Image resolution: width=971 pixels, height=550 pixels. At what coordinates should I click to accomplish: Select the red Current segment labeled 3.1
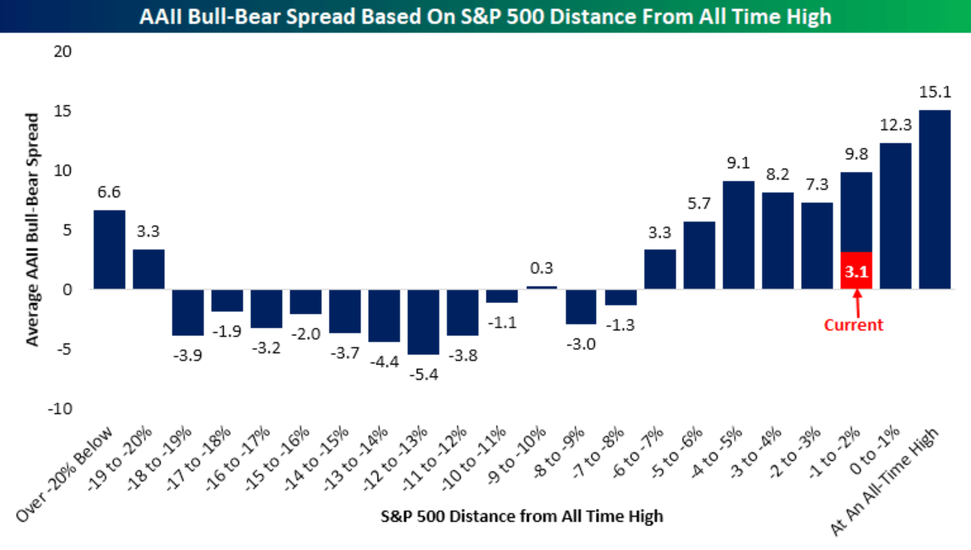(856, 270)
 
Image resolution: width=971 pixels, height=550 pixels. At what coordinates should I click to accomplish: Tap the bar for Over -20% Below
(110, 250)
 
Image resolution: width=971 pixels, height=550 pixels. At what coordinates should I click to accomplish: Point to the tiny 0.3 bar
(542, 288)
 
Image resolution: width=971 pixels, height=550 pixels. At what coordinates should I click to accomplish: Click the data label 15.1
(935, 92)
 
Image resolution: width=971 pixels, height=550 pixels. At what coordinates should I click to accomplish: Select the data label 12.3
(895, 125)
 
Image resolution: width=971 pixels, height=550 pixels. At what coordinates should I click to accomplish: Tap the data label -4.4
(385, 362)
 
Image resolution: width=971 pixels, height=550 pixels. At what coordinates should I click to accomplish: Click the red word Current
(853, 325)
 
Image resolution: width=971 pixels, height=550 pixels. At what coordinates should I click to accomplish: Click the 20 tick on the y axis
(62, 52)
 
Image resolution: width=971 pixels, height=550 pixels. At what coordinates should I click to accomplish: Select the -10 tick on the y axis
(60, 409)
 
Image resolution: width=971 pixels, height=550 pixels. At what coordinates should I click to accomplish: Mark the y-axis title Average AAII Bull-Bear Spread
(32, 229)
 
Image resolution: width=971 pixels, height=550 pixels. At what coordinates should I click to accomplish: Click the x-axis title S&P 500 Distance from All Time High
(522, 516)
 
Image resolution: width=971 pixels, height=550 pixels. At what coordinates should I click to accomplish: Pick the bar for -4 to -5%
(739, 235)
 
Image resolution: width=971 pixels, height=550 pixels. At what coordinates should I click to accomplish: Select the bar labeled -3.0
(581, 307)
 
